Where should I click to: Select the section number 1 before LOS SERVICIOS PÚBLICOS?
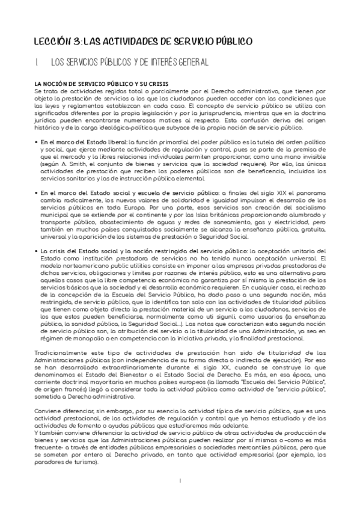[37, 61]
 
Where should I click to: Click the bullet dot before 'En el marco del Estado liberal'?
[37, 141]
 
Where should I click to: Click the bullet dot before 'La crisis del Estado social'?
[37, 251]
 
